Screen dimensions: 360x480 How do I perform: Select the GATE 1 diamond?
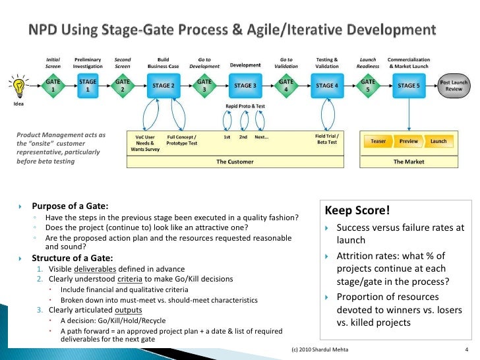click(53, 86)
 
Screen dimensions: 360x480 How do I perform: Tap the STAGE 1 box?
click(88, 86)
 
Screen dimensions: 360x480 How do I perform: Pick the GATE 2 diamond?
click(123, 86)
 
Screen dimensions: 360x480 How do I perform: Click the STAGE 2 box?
click(164, 86)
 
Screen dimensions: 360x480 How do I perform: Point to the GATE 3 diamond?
click(204, 86)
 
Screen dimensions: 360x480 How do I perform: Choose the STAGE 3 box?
click(245, 86)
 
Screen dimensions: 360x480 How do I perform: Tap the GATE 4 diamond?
click(286, 86)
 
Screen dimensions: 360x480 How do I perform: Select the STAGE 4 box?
click(327, 86)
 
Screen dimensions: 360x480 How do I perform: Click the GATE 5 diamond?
click(368, 86)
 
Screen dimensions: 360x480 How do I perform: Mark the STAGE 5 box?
click(409, 86)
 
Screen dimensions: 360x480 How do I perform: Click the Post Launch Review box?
click(454, 86)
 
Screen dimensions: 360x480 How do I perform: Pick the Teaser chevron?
click(378, 141)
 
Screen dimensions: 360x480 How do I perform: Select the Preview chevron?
click(409, 141)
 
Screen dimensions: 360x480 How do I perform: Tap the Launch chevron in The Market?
click(438, 141)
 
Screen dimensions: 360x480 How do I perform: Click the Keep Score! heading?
click(356, 212)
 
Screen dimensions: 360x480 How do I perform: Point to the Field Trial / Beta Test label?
click(326, 139)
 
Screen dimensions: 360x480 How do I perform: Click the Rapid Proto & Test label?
click(245, 107)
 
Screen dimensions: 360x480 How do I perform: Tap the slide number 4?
click(466, 350)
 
